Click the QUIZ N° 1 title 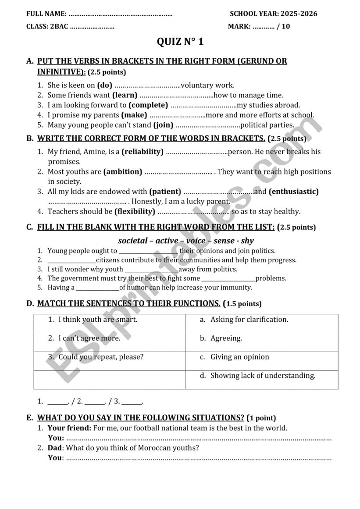(x=180, y=42)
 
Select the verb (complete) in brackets (x=148, y=105)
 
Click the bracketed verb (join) (x=163, y=125)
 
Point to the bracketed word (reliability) (x=143, y=152)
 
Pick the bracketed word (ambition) (x=123, y=172)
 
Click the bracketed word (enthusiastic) (x=294, y=192)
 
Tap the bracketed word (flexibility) (x=135, y=212)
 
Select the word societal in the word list (x=133, y=241)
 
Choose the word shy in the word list (x=247, y=241)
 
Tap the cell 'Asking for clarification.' (x=249, y=320)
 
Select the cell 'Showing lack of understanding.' (x=263, y=376)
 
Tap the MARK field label (x=239, y=26)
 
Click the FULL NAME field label (x=46, y=14)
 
